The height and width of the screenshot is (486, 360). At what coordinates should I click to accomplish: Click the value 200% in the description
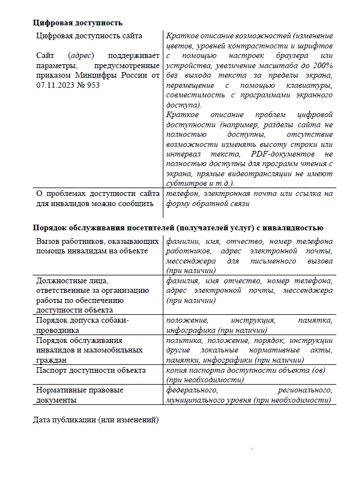click(x=321, y=65)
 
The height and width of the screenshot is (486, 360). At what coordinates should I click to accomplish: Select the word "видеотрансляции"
click(x=267, y=173)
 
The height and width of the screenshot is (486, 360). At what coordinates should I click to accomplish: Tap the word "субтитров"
click(x=185, y=183)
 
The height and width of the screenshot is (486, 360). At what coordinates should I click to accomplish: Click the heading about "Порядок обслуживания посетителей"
click(x=177, y=228)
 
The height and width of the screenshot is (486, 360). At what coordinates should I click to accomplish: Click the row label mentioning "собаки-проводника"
click(x=82, y=325)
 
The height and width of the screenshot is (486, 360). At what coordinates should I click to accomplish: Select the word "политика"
click(x=183, y=340)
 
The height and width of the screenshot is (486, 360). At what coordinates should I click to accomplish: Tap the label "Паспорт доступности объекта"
click(x=91, y=370)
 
